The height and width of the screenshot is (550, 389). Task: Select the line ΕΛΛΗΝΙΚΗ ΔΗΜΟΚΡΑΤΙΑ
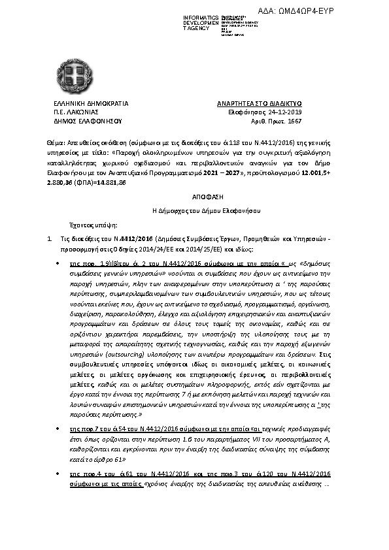point(85,104)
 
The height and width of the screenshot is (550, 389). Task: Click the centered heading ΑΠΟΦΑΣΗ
point(194,195)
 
